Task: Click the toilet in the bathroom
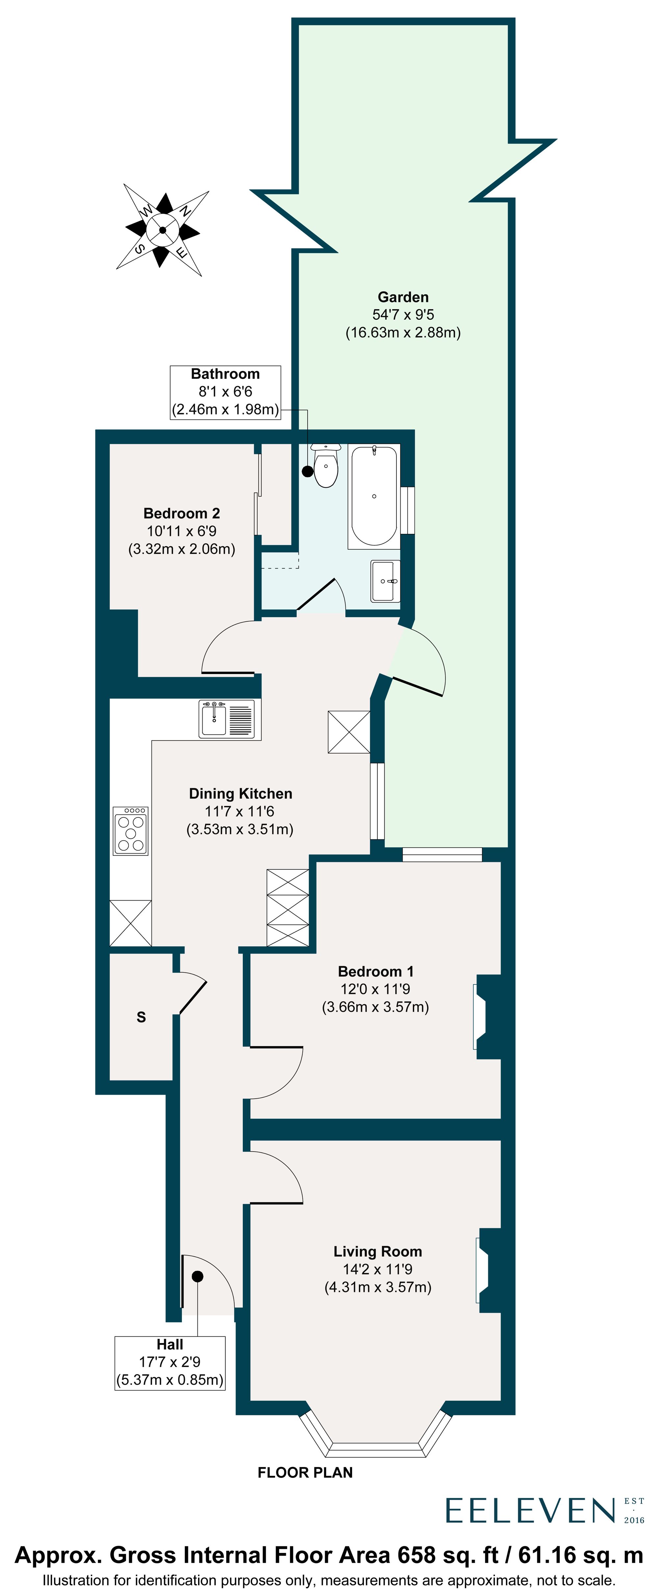point(326,467)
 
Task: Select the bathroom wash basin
point(385,581)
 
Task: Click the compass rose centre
point(162,230)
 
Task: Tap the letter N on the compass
point(184,211)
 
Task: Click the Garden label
point(403,297)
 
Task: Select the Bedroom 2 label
point(182,513)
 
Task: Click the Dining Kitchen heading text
point(240,794)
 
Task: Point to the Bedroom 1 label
point(375,971)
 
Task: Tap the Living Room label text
point(377,1251)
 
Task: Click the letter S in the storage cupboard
point(141,1017)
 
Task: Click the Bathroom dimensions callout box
point(225,392)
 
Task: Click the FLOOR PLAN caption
point(305,1472)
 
